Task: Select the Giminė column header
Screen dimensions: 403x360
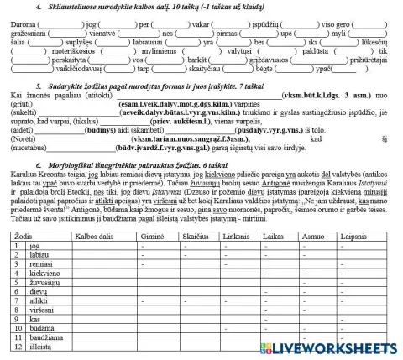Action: click(152, 238)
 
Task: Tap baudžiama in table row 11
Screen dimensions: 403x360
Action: click(44, 335)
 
